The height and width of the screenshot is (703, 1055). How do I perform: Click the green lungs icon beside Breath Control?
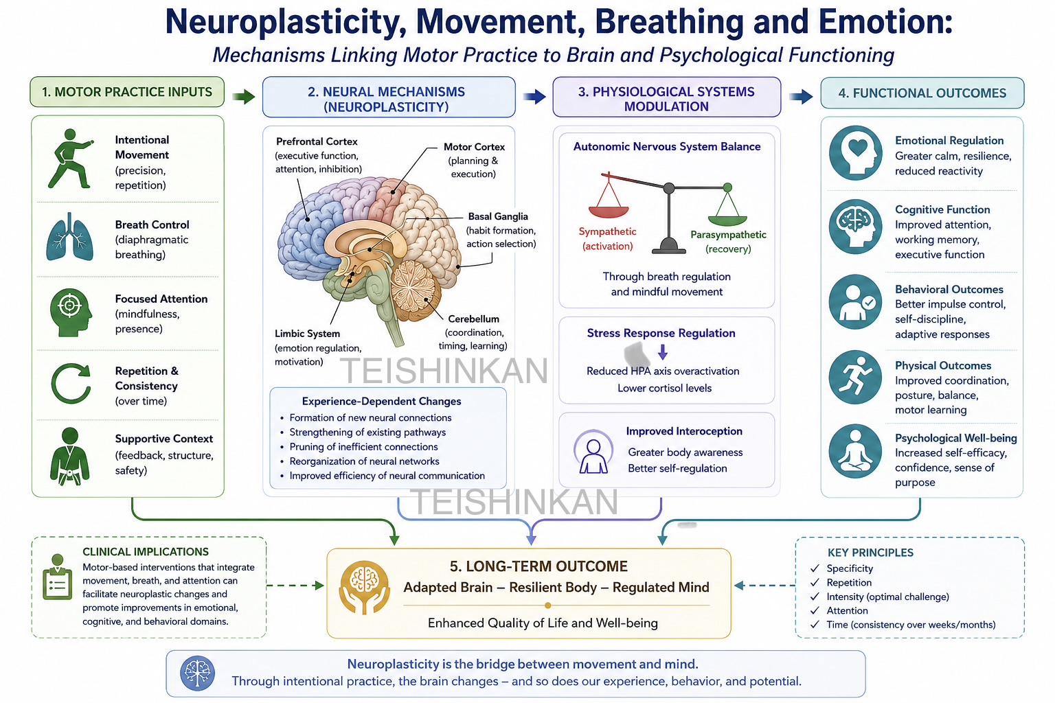click(x=69, y=237)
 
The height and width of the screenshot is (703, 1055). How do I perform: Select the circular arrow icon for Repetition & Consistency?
click(x=71, y=383)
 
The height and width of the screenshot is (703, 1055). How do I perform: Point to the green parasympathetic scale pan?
click(x=727, y=220)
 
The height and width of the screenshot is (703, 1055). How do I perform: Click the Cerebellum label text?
click(x=473, y=319)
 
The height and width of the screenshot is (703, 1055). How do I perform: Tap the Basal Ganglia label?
click(x=498, y=216)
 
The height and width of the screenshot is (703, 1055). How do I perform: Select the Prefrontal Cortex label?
click(x=317, y=141)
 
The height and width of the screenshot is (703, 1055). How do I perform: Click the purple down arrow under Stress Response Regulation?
click(x=663, y=351)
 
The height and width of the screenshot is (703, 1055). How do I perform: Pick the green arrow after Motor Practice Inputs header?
click(x=244, y=97)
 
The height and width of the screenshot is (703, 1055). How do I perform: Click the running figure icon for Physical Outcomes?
click(x=855, y=377)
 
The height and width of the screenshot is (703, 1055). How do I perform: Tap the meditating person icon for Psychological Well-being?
click(x=855, y=451)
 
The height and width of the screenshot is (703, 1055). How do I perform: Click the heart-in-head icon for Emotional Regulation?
click(x=855, y=152)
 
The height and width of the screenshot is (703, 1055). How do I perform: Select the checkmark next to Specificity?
click(x=815, y=568)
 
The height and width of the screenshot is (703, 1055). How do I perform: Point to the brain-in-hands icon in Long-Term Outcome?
click(x=364, y=587)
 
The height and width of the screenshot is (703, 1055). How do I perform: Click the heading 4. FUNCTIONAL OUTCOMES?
click(x=922, y=93)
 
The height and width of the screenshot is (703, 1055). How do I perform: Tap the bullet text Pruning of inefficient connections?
click(x=363, y=446)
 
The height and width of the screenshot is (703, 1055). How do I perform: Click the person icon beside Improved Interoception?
click(x=593, y=452)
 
